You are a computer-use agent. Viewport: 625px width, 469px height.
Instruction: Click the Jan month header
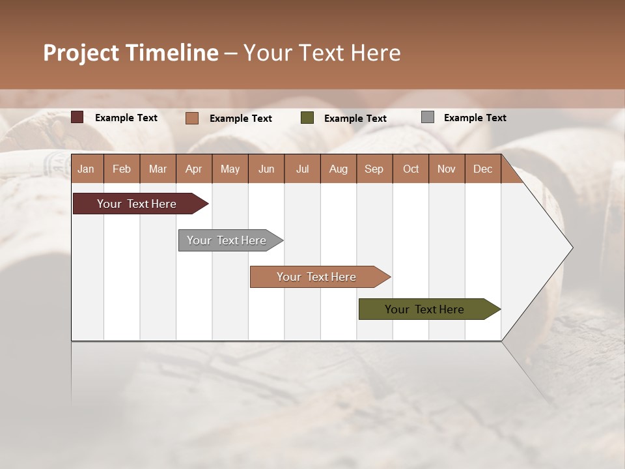(x=86, y=169)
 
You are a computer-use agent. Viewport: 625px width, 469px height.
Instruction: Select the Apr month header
(x=194, y=169)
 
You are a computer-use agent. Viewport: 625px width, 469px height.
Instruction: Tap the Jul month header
(x=303, y=169)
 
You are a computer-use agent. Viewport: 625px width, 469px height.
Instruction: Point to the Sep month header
(x=374, y=169)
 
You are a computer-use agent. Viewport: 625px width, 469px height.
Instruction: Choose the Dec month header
(x=482, y=169)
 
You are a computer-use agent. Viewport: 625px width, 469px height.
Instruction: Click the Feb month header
(x=122, y=169)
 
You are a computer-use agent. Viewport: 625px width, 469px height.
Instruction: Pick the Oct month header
(x=411, y=169)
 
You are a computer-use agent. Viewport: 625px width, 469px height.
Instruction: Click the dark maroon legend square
(x=77, y=117)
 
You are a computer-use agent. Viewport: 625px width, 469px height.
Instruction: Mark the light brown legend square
(x=192, y=118)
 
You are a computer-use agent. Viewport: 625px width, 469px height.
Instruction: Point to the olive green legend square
(x=307, y=118)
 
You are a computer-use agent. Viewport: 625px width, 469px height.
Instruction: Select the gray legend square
(x=428, y=117)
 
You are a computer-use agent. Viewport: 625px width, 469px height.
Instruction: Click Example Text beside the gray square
(x=475, y=118)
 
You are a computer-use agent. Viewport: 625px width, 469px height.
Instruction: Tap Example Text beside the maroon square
(x=126, y=118)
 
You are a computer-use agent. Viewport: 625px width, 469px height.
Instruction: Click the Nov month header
(x=447, y=169)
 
